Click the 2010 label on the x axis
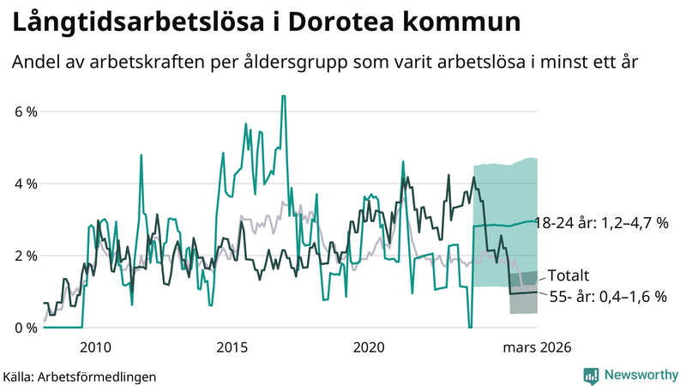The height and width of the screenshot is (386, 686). click(x=95, y=347)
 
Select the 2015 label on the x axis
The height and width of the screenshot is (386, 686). click(x=232, y=347)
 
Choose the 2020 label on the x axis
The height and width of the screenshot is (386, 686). click(x=369, y=347)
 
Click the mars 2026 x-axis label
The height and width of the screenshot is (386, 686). click(x=537, y=347)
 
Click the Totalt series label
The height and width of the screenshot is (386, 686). click(x=568, y=276)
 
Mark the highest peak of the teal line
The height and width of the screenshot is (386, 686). click(x=283, y=96)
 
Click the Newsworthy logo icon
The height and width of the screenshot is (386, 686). click(x=591, y=375)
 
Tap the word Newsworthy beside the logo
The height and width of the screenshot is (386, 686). click(x=640, y=375)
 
